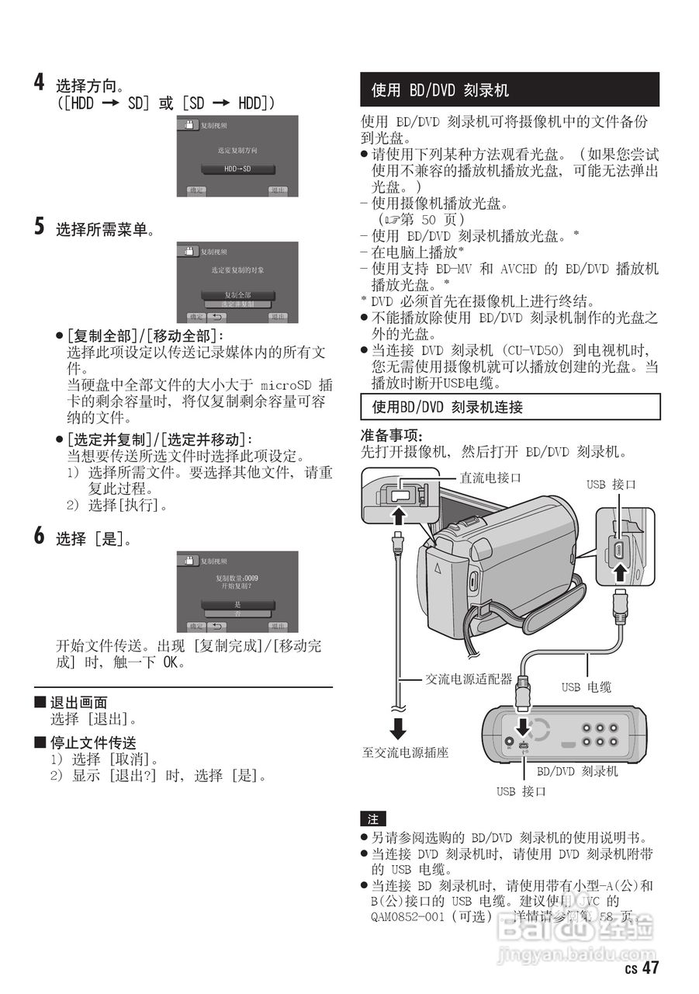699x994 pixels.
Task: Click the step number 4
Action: pos(39,82)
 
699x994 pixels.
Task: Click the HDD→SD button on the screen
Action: pos(237,169)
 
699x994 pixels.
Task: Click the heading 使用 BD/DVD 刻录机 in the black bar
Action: pos(440,90)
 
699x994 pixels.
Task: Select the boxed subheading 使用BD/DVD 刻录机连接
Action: pos(447,406)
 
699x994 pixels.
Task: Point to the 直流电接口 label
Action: pos(490,478)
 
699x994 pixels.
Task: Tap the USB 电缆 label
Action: pos(586,686)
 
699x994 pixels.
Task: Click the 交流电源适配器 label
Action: pos(469,679)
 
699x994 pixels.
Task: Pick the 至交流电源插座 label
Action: pos(405,752)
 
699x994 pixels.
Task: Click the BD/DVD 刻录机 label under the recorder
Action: pos(577,772)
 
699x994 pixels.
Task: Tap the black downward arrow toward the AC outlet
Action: pos(398,728)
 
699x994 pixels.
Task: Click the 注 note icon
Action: pos(372,819)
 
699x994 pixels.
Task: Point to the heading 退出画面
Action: pos(78,703)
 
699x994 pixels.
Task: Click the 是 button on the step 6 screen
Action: pos(237,603)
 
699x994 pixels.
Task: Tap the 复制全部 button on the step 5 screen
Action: pos(237,295)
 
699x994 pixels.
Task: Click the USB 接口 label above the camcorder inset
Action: pos(611,485)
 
